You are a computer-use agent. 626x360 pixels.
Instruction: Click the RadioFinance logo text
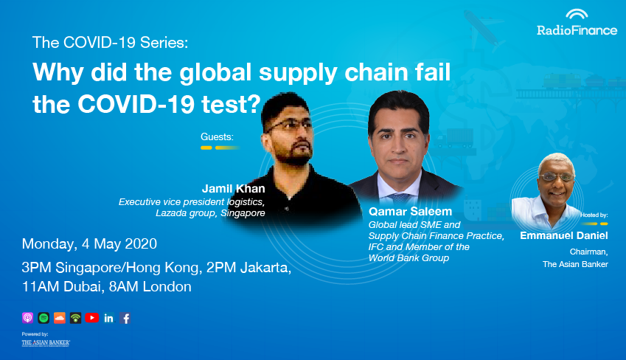pos(577,30)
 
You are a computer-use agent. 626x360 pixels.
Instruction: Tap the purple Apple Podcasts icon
pos(27,318)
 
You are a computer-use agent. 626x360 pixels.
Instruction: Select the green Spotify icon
pos(44,318)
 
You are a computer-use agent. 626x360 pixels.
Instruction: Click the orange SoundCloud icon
pos(60,318)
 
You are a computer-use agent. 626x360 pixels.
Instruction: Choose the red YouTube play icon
pos(92,318)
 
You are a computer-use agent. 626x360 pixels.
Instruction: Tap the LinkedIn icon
pos(108,318)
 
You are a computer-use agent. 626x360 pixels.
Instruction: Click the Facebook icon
pos(125,318)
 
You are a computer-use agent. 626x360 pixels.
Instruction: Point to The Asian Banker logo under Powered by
pos(46,343)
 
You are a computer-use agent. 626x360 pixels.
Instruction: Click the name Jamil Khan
pos(233,189)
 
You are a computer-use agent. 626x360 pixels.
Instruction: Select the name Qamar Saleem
pos(410,212)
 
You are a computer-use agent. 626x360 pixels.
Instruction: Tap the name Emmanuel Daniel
pos(564,235)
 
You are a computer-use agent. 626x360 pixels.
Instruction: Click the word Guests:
pos(217,137)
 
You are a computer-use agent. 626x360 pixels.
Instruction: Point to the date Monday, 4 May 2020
pos(89,243)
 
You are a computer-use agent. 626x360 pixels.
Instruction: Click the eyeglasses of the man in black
pos(290,125)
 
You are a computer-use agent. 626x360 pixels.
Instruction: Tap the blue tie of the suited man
pos(400,198)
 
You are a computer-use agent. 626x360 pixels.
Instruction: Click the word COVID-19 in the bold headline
pos(136,104)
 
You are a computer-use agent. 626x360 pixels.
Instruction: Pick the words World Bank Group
pos(408,258)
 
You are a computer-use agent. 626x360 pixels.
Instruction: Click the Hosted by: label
pos(594,215)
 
